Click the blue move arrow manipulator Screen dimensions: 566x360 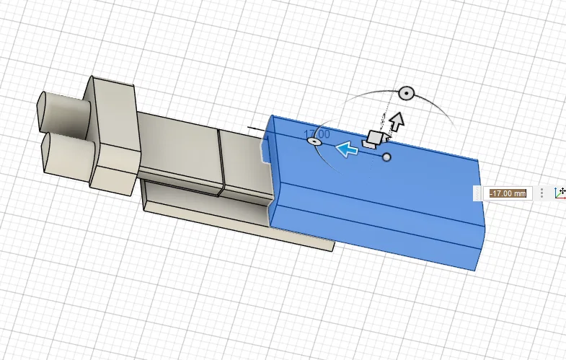[x=347, y=149]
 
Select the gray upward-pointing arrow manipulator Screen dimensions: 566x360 [x=397, y=121]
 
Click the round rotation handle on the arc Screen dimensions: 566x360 [x=407, y=94]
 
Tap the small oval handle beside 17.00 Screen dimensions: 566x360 [x=314, y=141]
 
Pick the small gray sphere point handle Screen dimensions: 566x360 [x=386, y=157]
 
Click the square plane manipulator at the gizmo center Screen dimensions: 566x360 [x=374, y=139]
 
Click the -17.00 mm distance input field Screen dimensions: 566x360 [x=508, y=193]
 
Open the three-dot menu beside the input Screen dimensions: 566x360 [x=541, y=193]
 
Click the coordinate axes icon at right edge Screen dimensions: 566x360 [x=560, y=193]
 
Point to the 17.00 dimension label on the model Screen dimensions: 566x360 [x=317, y=134]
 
